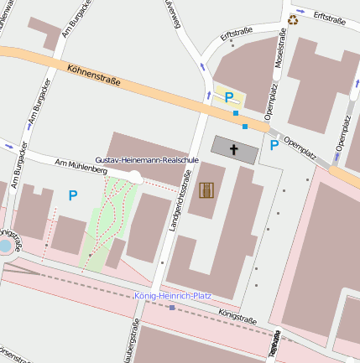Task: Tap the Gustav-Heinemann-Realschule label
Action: (x=147, y=158)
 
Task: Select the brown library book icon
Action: (x=206, y=189)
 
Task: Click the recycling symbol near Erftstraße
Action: (x=293, y=19)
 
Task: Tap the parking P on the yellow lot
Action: (x=228, y=96)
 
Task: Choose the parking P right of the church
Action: (x=274, y=145)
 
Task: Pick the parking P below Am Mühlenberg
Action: (x=72, y=195)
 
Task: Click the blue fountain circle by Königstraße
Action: (x=5, y=247)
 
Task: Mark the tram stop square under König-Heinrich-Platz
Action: (x=172, y=308)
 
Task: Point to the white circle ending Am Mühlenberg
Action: (x=136, y=175)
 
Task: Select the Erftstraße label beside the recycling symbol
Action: (x=329, y=17)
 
